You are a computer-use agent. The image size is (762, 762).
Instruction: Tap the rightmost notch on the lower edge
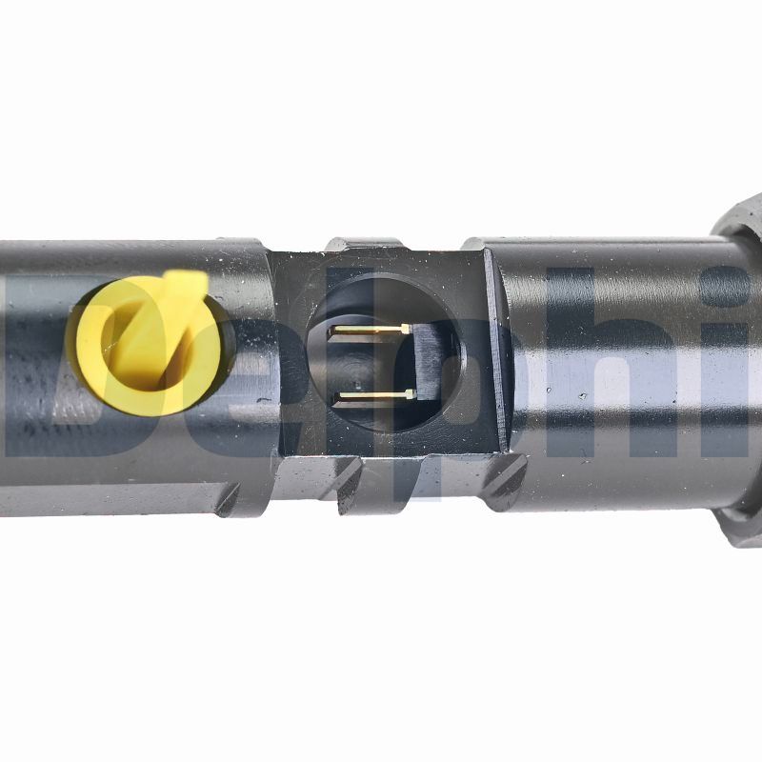506,480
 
